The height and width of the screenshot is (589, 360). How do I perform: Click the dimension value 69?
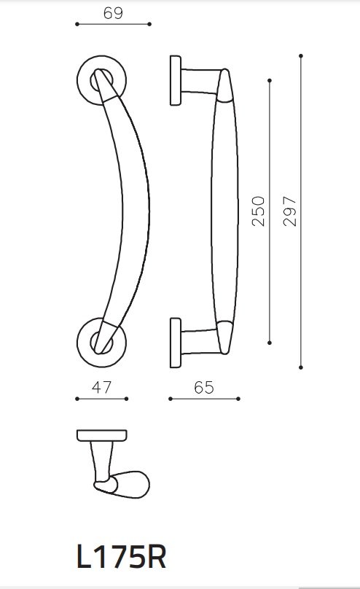[x=113, y=13]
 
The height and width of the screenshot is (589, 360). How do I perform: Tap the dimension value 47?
[x=102, y=387]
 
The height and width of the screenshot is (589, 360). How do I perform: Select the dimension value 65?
[x=204, y=387]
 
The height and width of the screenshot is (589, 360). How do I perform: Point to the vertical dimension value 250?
[x=258, y=211]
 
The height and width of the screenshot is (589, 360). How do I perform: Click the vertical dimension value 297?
[x=289, y=211]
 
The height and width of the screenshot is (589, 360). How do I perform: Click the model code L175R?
[x=121, y=558]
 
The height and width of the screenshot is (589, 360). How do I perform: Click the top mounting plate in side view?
[x=176, y=80]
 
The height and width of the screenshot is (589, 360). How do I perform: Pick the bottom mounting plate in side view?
[x=176, y=343]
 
